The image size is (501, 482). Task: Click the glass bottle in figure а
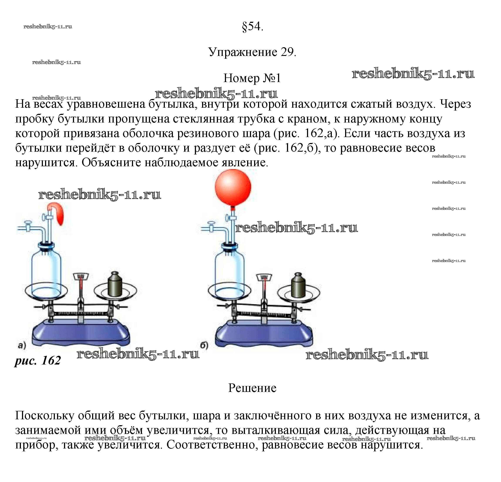coord(46,271)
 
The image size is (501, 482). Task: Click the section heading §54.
coord(252,26)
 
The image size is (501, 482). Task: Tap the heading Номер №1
coord(252,78)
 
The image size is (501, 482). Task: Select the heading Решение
coord(252,388)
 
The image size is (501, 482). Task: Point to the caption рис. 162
coord(38,360)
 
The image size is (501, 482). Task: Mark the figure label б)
coord(204,345)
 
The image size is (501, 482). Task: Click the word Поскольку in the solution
coord(44,416)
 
